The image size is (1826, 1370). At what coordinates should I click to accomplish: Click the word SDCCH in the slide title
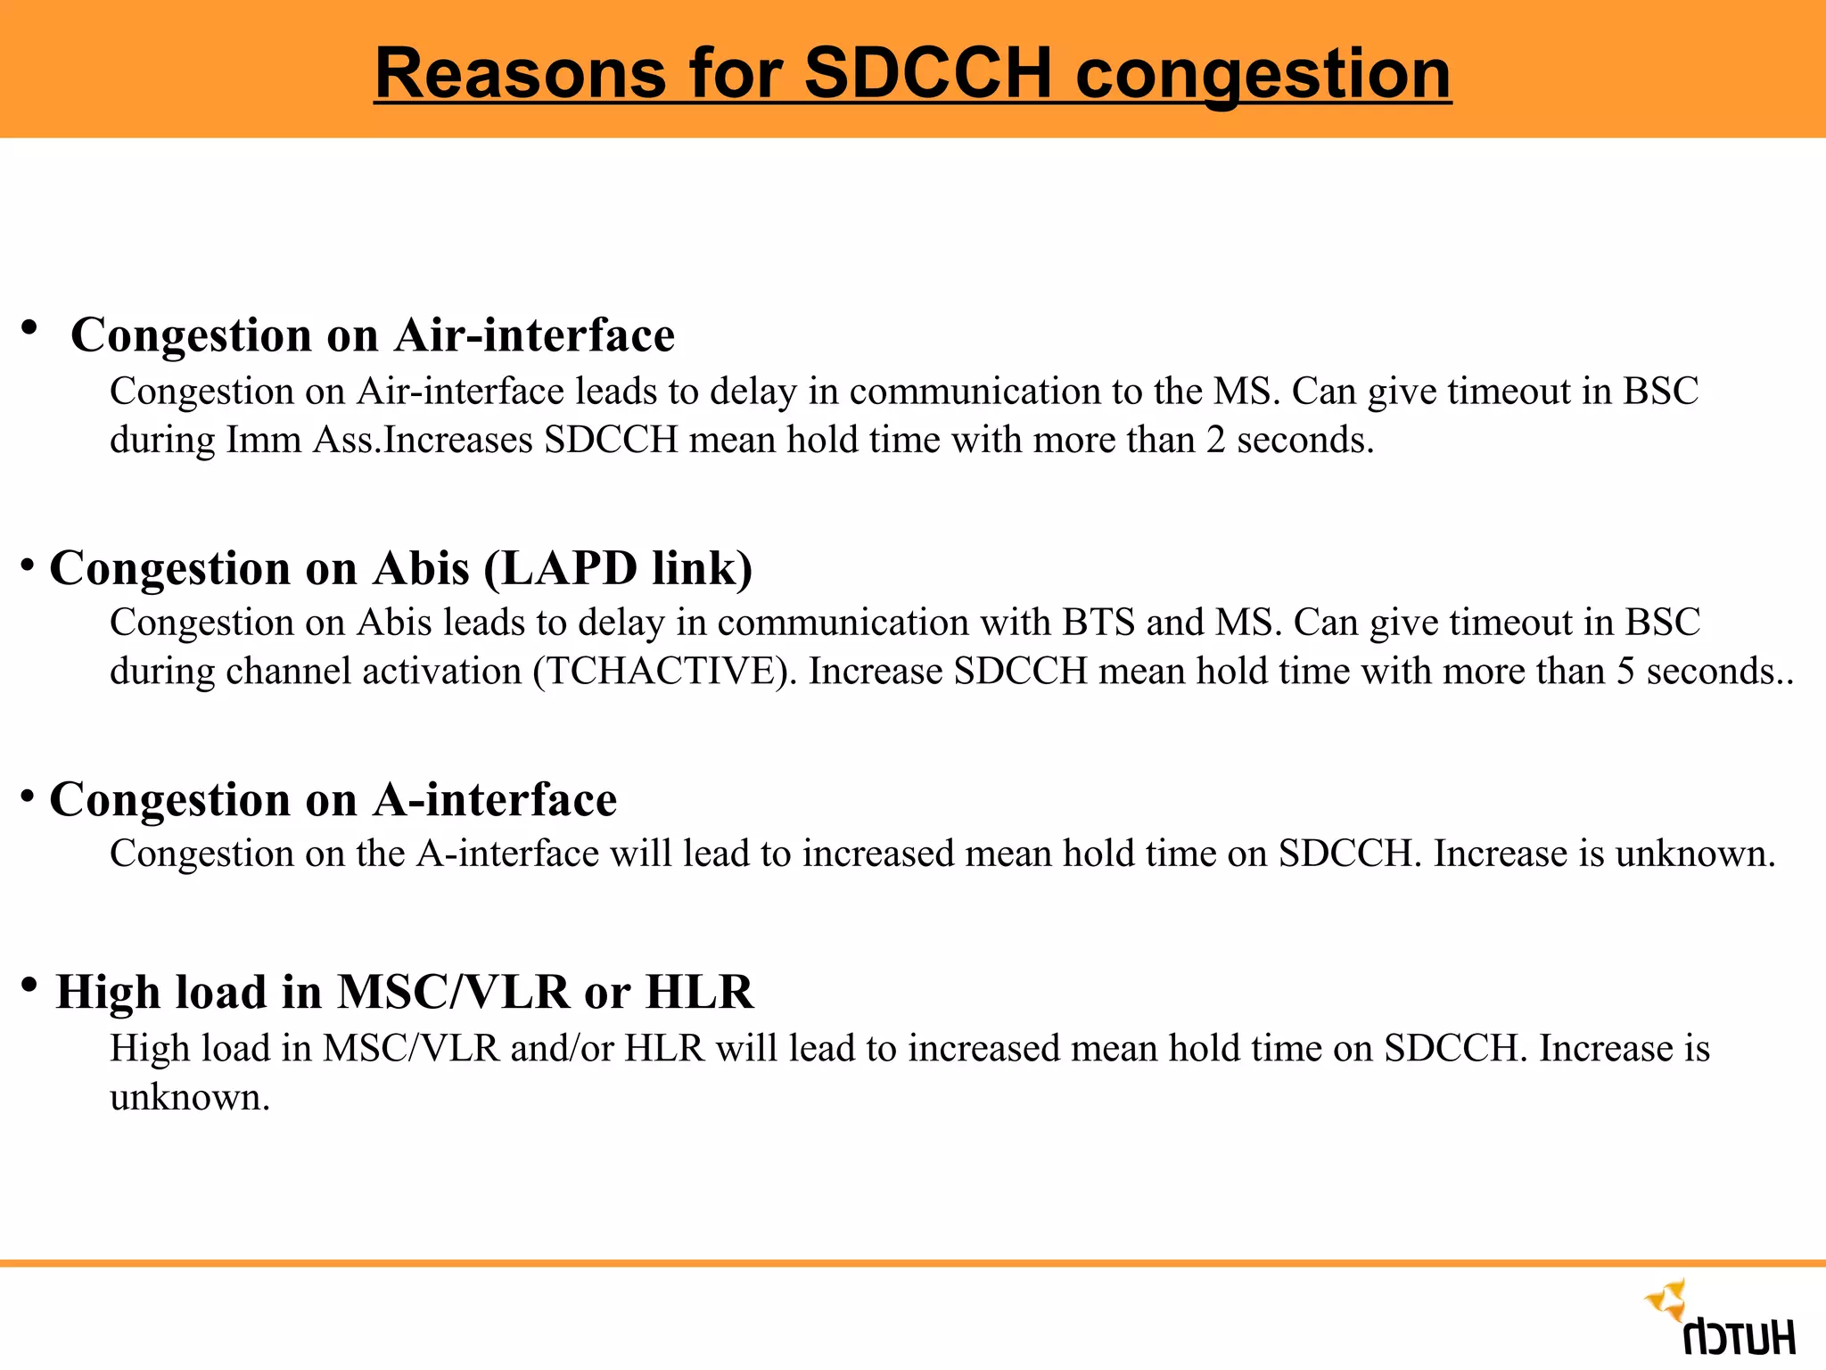pyautogui.click(x=927, y=73)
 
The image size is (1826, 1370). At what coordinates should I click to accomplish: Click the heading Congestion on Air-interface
pyautogui.click(x=373, y=335)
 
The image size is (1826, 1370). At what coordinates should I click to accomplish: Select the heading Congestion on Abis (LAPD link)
pyautogui.click(x=401, y=568)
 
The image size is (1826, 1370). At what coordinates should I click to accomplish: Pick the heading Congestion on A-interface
pyautogui.click(x=333, y=799)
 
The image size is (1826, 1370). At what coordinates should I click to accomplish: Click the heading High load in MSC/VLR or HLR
pyautogui.click(x=404, y=992)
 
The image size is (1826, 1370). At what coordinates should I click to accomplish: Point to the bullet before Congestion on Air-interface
pyautogui.click(x=29, y=328)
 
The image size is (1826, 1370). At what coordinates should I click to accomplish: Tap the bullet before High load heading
pyautogui.click(x=29, y=986)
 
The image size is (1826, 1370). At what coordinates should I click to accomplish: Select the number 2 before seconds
pyautogui.click(x=1216, y=441)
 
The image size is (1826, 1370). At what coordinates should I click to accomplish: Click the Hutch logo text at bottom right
pyautogui.click(x=1739, y=1337)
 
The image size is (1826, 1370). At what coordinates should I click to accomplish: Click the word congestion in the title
pyautogui.click(x=1263, y=73)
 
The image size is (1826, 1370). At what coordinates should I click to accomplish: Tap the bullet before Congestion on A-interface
pyautogui.click(x=29, y=793)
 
